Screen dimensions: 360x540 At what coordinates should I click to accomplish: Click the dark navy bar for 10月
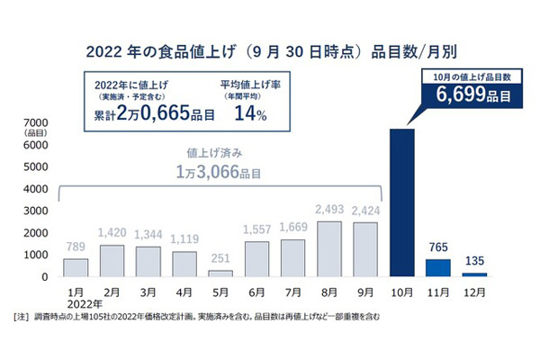tap(401, 202)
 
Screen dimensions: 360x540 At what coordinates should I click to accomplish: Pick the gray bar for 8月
tap(329, 248)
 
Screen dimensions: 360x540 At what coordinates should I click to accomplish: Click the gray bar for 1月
tap(76, 267)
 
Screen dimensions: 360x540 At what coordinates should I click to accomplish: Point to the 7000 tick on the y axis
tap(35, 122)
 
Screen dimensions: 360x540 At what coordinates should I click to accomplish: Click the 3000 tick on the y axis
tap(35, 211)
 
